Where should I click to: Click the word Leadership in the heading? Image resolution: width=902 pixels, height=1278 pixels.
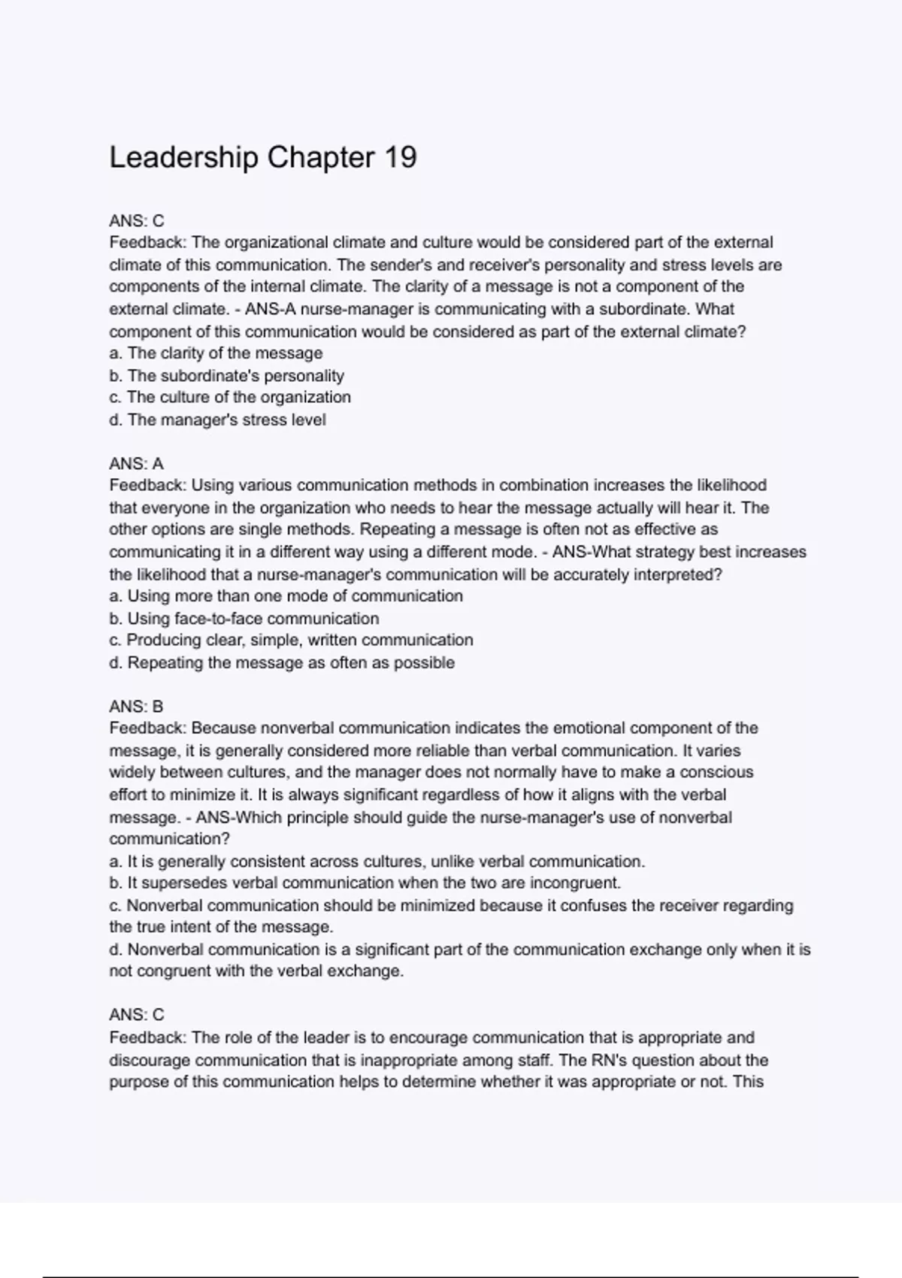(x=184, y=158)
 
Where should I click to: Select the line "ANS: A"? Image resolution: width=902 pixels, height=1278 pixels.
(x=136, y=464)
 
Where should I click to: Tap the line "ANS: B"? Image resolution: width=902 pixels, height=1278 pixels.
(x=136, y=707)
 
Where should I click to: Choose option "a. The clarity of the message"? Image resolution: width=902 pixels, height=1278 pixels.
(x=216, y=353)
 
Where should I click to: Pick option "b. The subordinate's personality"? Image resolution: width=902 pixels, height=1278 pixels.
(x=226, y=376)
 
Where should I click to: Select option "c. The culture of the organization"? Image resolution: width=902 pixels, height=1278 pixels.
(x=230, y=398)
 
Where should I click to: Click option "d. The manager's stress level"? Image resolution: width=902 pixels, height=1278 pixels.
(x=217, y=420)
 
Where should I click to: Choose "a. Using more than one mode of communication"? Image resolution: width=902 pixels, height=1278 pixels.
(x=286, y=596)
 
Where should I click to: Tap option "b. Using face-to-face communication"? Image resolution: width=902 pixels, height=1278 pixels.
(x=244, y=619)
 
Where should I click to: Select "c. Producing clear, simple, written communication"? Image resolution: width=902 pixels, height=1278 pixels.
(x=291, y=641)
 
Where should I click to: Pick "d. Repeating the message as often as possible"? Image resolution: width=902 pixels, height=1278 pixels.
(x=282, y=663)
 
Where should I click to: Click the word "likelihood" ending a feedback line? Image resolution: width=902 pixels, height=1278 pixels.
(x=729, y=486)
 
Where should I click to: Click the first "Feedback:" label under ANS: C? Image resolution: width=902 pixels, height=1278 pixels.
(x=147, y=243)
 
